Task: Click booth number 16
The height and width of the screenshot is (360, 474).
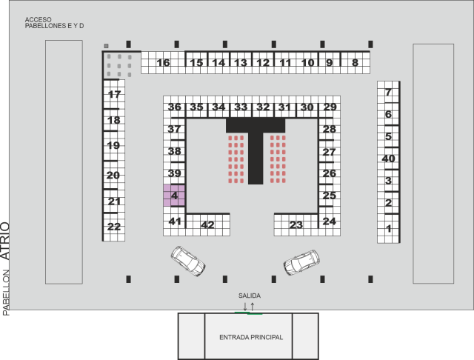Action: [163, 63]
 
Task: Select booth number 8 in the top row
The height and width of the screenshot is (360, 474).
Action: [355, 63]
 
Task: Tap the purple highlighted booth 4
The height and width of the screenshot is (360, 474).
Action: [174, 196]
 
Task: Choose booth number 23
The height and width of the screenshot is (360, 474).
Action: [296, 225]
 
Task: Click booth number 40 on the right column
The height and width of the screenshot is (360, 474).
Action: [388, 159]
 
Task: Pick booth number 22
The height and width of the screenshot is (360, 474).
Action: [113, 227]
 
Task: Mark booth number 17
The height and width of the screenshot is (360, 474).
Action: [114, 95]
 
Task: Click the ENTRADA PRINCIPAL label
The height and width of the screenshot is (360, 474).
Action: [251, 337]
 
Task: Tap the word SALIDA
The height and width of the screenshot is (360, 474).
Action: [249, 296]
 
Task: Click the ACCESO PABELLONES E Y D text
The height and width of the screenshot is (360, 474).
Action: [54, 22]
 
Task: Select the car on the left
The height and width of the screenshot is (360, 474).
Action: [187, 260]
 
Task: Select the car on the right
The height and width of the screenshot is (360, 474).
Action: [301, 261]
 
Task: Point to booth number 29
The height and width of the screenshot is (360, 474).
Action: [330, 107]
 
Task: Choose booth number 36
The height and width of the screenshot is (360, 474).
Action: [174, 107]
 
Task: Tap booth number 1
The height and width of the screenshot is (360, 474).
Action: [388, 229]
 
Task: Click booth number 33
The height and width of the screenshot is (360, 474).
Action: [241, 107]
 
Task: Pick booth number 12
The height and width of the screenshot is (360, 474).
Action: [263, 63]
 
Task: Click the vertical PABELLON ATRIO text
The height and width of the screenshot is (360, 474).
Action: [6, 268]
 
